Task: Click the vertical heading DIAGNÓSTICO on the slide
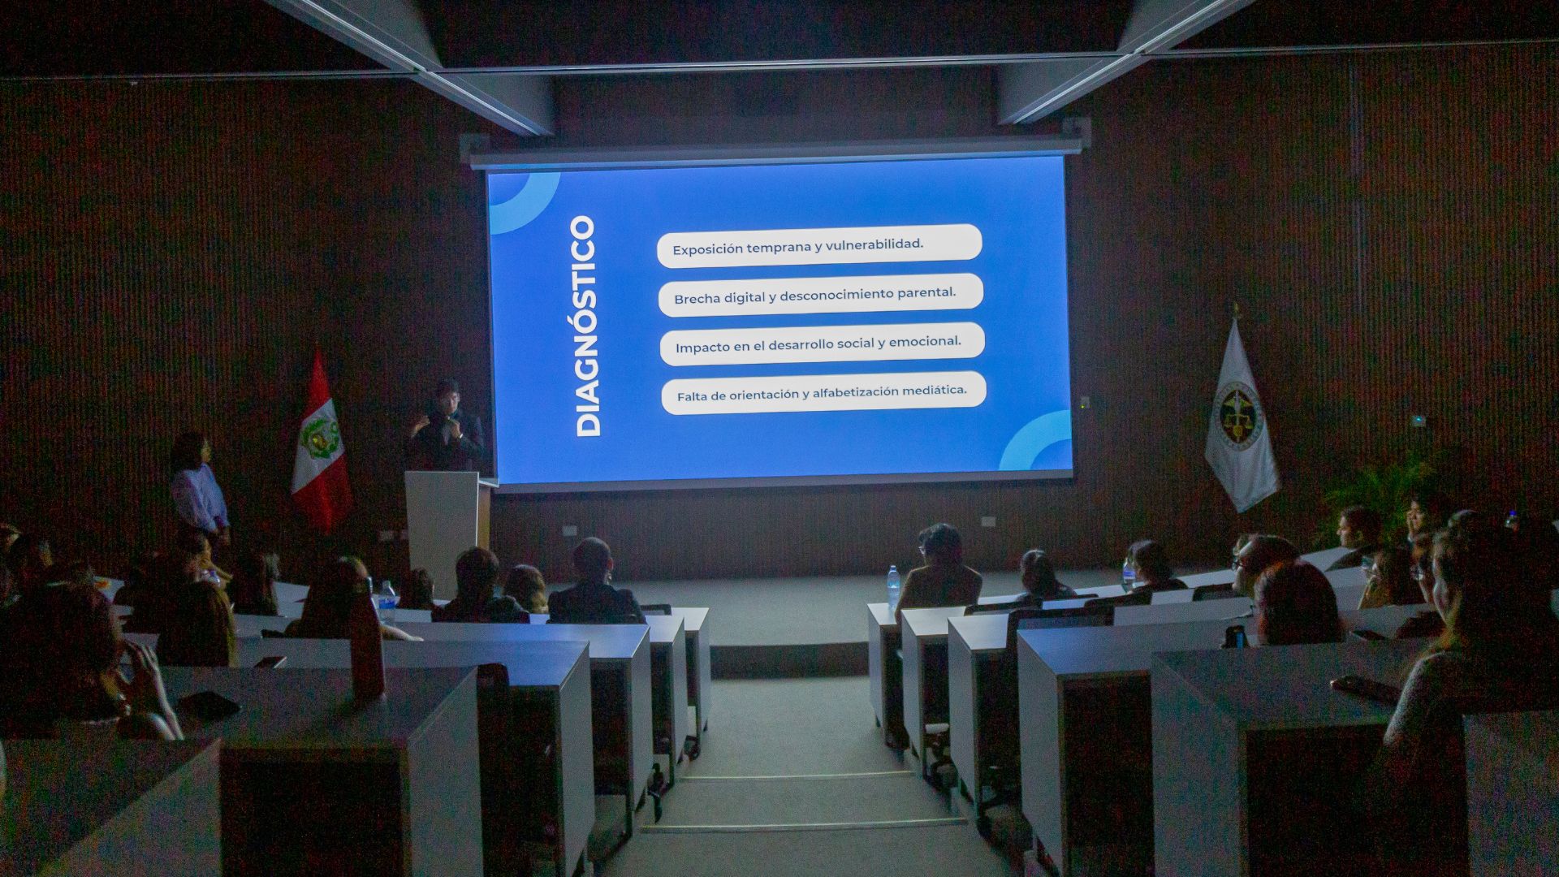585,326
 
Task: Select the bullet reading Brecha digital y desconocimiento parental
814,296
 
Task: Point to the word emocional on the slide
925,342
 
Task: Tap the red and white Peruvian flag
320,443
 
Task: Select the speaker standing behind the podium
447,426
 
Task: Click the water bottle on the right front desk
894,586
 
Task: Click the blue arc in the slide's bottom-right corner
1039,443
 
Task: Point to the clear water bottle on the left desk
387,603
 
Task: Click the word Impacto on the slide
702,348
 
